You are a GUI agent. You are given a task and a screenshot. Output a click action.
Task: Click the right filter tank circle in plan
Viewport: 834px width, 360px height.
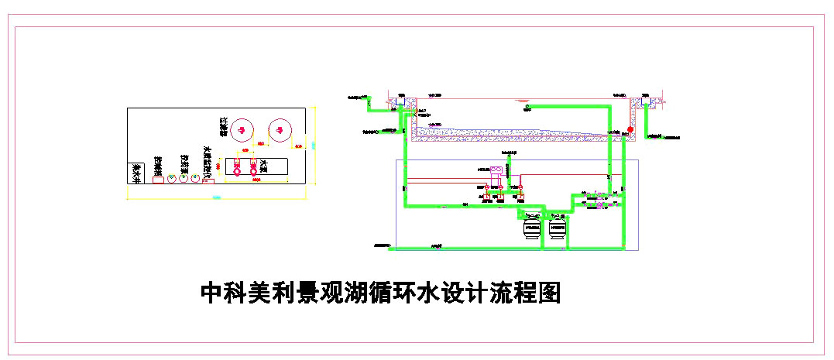(278, 130)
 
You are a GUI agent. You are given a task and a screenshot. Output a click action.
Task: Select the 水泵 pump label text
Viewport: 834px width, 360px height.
(263, 166)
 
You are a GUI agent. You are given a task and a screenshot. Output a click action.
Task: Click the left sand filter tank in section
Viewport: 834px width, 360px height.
(532, 227)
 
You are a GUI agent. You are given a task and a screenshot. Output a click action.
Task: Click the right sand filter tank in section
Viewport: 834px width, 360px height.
(556, 227)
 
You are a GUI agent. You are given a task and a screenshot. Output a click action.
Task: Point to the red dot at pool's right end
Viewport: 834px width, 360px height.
(630, 128)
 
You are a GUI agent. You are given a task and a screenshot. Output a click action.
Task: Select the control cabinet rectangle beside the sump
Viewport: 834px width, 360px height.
(158, 178)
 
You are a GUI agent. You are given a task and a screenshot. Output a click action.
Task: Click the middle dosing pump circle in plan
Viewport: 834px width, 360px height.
(184, 178)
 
